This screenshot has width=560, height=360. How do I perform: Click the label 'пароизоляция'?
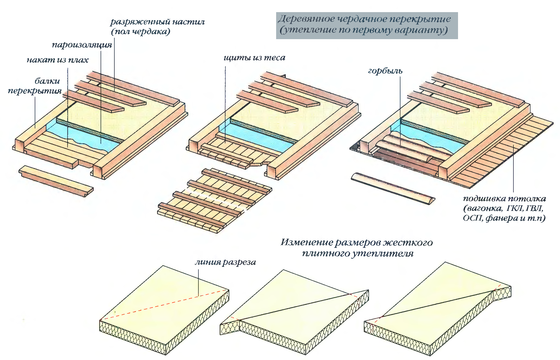pos(82,45)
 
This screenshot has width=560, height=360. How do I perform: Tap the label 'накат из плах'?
pos(57,60)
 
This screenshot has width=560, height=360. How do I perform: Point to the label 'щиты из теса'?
pos(254,58)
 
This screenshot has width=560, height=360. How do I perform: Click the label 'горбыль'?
pos(385,71)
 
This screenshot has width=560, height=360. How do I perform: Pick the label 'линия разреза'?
pos(225,262)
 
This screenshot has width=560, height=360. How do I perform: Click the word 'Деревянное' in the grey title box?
pos(306,19)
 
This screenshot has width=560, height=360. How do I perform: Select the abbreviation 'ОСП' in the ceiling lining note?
pos(472,218)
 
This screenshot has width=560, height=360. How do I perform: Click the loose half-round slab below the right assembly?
pos(393,189)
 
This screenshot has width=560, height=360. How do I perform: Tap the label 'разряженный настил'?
pos(157,22)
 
